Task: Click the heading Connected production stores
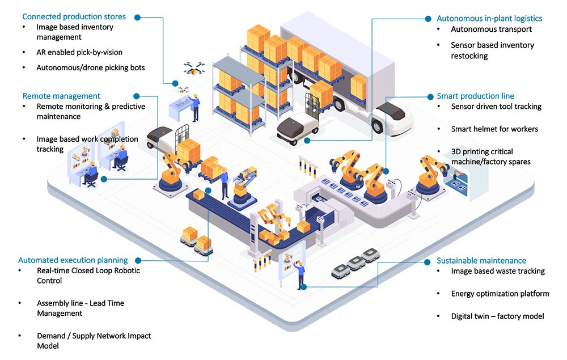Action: point(74,16)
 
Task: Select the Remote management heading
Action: point(61,96)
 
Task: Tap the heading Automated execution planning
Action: point(73,260)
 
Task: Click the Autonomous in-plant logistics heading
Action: point(489,19)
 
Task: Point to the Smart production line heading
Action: point(475,96)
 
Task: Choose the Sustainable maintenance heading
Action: point(481,261)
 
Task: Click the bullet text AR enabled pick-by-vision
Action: point(79,52)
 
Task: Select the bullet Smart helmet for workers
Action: point(494,129)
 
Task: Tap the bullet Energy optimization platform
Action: point(500,294)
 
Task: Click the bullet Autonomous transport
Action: point(491,29)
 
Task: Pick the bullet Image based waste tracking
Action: point(498,271)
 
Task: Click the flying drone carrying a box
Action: point(194,69)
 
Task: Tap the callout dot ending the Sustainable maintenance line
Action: point(304,287)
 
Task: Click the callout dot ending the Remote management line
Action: point(104,179)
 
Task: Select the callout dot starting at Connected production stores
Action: point(138,17)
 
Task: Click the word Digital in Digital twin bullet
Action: point(463,316)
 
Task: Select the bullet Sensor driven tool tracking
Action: point(496,106)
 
